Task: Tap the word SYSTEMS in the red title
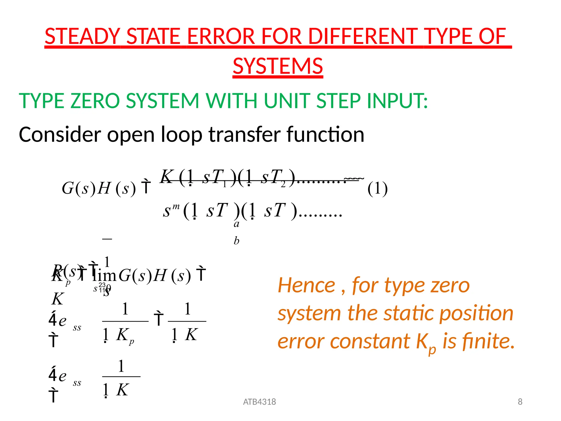278,66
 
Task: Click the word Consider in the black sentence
60,135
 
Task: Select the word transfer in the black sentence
245,135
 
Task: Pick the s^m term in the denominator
171,210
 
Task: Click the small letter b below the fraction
236,241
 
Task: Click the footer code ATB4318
259,402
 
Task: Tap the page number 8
520,402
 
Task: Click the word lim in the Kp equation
105,275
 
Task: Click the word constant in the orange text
371,341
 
